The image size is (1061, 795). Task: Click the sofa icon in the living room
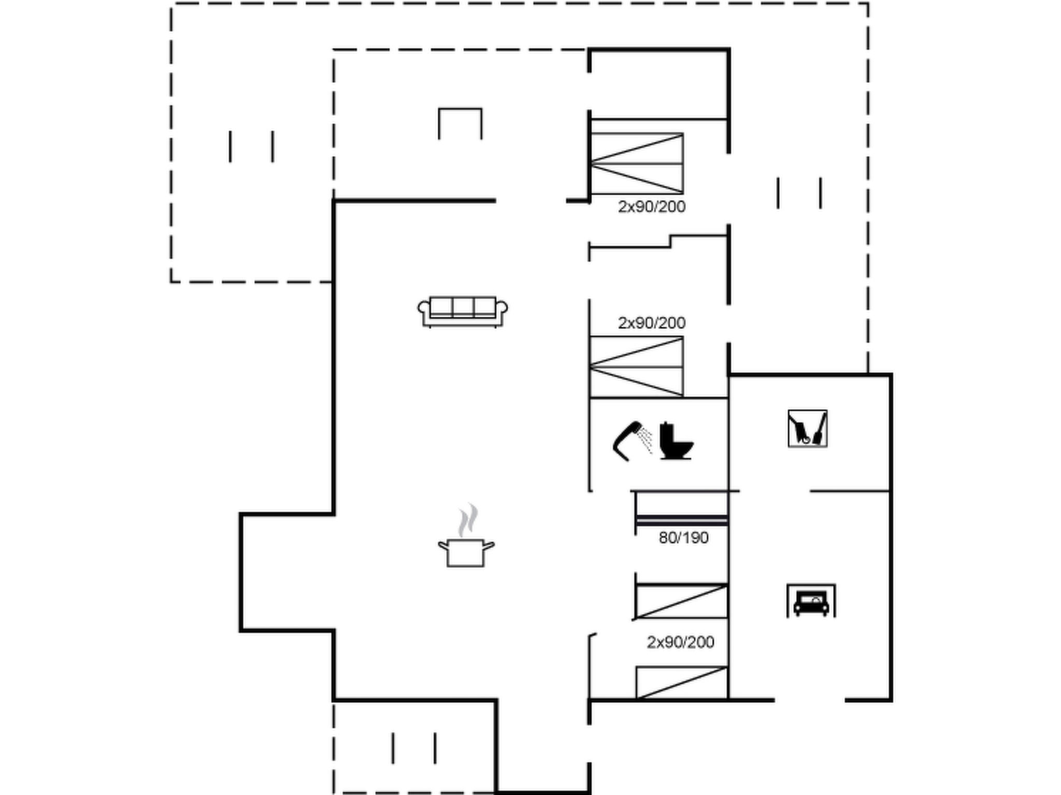(463, 312)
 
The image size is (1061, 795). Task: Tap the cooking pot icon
(466, 552)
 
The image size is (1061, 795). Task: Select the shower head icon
(632, 441)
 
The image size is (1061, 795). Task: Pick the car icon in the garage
(811, 601)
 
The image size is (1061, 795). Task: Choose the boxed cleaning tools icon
(808, 429)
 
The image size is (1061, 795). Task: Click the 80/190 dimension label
(683, 538)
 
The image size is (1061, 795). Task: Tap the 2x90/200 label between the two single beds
(680, 642)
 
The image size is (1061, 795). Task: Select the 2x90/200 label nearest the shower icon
(651, 323)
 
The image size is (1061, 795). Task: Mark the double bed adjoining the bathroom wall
(636, 367)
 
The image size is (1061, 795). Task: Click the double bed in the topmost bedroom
(636, 164)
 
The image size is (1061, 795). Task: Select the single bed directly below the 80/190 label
(682, 601)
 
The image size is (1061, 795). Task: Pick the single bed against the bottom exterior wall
(682, 683)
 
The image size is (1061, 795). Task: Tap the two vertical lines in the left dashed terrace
(251, 146)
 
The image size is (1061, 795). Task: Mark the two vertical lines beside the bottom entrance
(413, 748)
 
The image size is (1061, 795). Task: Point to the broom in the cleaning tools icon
(820, 429)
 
